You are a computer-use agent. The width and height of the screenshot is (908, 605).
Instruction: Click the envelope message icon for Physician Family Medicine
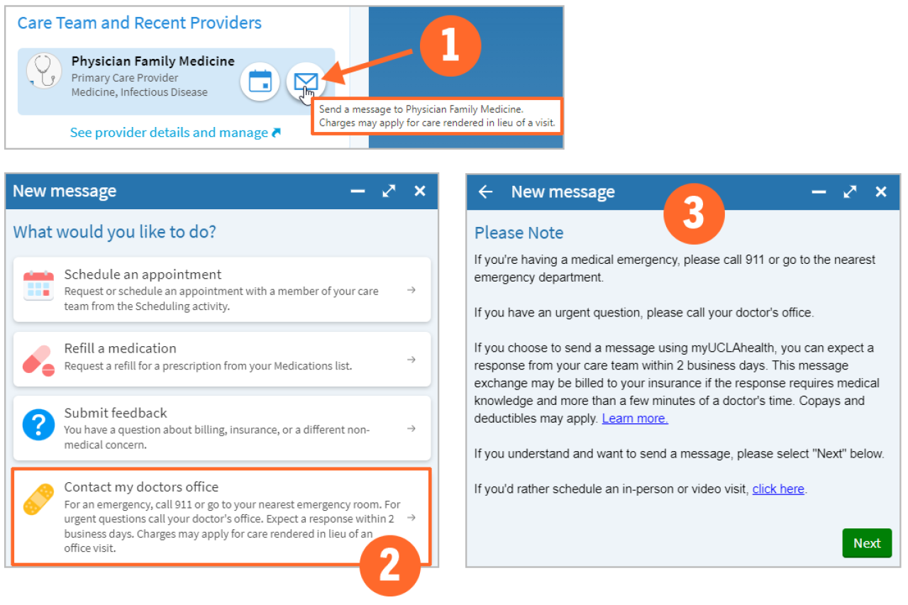[306, 82]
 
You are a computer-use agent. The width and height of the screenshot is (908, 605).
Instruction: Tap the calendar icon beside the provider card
[260, 82]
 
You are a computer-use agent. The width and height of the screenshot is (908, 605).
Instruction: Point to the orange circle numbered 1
[450, 47]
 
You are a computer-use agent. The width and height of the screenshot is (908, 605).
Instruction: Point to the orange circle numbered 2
[389, 564]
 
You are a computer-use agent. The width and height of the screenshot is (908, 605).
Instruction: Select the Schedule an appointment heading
[143, 274]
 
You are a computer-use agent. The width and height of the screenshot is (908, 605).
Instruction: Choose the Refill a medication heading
[120, 348]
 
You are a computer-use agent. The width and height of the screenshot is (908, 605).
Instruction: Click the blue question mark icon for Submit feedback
[38, 425]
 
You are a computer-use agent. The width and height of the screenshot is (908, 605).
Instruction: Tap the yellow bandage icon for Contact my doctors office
[38, 499]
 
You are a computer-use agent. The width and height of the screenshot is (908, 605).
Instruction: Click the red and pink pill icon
[38, 360]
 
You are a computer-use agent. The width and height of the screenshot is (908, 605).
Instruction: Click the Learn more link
[635, 418]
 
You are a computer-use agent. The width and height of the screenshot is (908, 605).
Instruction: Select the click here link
[778, 489]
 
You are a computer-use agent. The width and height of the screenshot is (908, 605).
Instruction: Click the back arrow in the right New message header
[485, 192]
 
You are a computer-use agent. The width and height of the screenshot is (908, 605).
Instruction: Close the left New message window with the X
[420, 191]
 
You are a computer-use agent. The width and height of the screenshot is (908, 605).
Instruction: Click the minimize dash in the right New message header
[819, 192]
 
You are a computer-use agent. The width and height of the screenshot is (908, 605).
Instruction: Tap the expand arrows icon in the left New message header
[389, 191]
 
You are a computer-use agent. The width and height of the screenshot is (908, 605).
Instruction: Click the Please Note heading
[519, 233]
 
